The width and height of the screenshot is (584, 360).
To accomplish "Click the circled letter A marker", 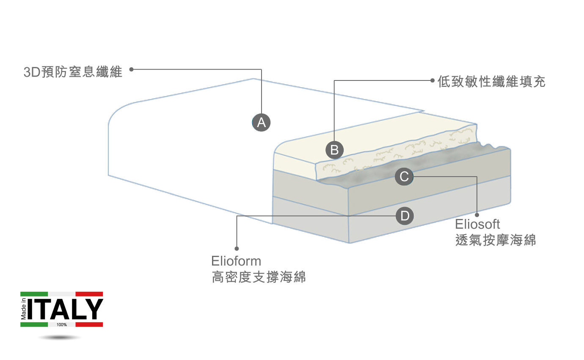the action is [261, 122].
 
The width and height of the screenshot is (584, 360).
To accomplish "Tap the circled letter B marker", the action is [334, 150].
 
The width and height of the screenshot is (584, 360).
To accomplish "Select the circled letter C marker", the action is [404, 177].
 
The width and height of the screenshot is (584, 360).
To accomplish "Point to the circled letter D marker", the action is [405, 216].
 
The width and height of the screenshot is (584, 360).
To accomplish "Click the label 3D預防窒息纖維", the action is [73, 72].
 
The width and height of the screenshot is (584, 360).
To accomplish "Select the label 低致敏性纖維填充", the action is [491, 82].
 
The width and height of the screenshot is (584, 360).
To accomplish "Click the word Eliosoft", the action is [477, 224].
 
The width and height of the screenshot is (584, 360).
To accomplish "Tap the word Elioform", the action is [236, 261].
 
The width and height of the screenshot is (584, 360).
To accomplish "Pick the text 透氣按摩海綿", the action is [496, 240].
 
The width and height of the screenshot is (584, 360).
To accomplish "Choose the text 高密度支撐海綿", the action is [259, 277].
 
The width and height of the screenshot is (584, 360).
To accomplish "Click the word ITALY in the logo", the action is [65, 310].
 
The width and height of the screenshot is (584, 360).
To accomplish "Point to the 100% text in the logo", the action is [61, 325].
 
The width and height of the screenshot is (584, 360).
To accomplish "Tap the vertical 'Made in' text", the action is [23, 309].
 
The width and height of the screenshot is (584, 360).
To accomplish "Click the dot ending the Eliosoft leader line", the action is [477, 215].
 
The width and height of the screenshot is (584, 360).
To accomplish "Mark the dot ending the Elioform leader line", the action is [237, 249].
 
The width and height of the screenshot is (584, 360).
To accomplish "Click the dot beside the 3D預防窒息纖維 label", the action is [131, 69].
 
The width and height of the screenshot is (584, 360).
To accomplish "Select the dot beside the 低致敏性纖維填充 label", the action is [432, 80].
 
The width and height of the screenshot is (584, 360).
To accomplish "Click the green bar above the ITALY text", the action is [34, 294].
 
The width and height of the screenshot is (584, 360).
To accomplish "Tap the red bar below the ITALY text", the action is [89, 324].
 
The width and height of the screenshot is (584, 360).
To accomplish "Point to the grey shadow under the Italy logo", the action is [59, 338].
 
